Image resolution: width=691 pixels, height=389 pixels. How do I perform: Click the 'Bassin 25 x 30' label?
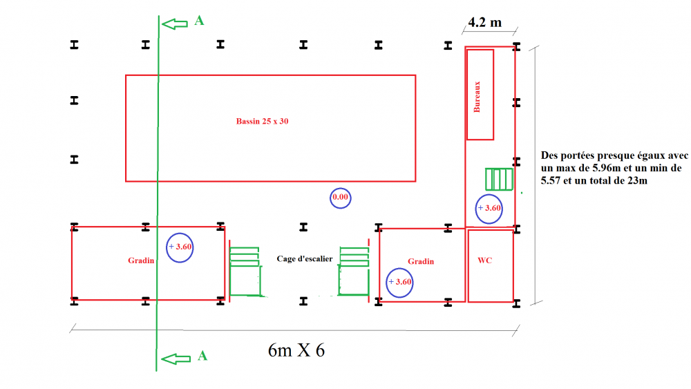click(262, 121)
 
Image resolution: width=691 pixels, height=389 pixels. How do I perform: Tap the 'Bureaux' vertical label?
click(477, 97)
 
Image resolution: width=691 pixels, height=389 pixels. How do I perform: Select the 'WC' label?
click(485, 260)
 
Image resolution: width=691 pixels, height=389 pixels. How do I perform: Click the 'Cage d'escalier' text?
click(305, 258)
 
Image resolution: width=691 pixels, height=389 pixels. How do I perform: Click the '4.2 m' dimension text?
click(485, 22)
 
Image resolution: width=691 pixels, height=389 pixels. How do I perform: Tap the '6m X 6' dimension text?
click(296, 350)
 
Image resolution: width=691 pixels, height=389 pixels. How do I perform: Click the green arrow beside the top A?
click(175, 23)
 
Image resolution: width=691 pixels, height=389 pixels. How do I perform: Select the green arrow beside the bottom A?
click(176, 359)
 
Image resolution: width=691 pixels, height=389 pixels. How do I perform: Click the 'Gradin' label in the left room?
click(141, 260)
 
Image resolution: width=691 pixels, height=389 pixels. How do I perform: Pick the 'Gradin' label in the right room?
click(421, 261)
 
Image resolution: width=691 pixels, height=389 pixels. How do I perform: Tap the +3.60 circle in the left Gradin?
click(180, 233)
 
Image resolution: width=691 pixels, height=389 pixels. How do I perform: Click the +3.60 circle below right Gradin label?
click(399, 269)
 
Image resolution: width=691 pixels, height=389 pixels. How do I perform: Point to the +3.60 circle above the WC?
click(489, 194)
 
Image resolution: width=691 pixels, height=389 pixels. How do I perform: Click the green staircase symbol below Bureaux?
click(500, 179)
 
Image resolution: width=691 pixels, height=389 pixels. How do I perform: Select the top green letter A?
click(199, 21)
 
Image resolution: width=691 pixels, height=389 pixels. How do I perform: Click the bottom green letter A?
click(202, 356)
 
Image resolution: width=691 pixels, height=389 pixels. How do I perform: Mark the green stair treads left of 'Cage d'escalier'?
click(244, 257)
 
